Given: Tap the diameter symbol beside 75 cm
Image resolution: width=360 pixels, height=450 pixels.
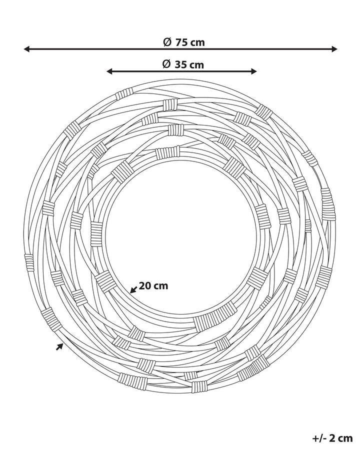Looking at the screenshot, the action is [167, 42].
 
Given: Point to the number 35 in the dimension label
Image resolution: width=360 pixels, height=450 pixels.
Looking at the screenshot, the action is [180, 64].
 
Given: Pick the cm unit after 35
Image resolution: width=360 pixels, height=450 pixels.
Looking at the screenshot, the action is [196, 65].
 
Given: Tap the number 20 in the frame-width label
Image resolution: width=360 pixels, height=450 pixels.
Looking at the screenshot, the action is [144, 285].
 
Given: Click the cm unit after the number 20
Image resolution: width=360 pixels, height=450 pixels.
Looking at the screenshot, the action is [161, 286].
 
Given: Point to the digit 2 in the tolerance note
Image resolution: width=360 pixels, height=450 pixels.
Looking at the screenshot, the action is [332, 438].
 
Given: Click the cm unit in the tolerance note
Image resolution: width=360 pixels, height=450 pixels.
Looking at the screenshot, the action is [345, 439].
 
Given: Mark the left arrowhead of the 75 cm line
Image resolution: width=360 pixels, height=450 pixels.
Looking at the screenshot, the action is [26, 49].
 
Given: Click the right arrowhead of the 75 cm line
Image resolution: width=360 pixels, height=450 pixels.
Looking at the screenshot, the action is [334, 49].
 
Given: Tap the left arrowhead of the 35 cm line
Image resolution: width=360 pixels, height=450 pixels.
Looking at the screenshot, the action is [109, 71].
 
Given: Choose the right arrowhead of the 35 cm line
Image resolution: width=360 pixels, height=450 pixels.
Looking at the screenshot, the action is [253, 71].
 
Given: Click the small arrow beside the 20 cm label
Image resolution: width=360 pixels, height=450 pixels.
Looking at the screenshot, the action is [133, 289].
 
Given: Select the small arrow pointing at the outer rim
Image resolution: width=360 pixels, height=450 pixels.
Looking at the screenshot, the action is [59, 346].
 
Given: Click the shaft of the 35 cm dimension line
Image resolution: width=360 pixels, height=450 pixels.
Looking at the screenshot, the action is [181, 71].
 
